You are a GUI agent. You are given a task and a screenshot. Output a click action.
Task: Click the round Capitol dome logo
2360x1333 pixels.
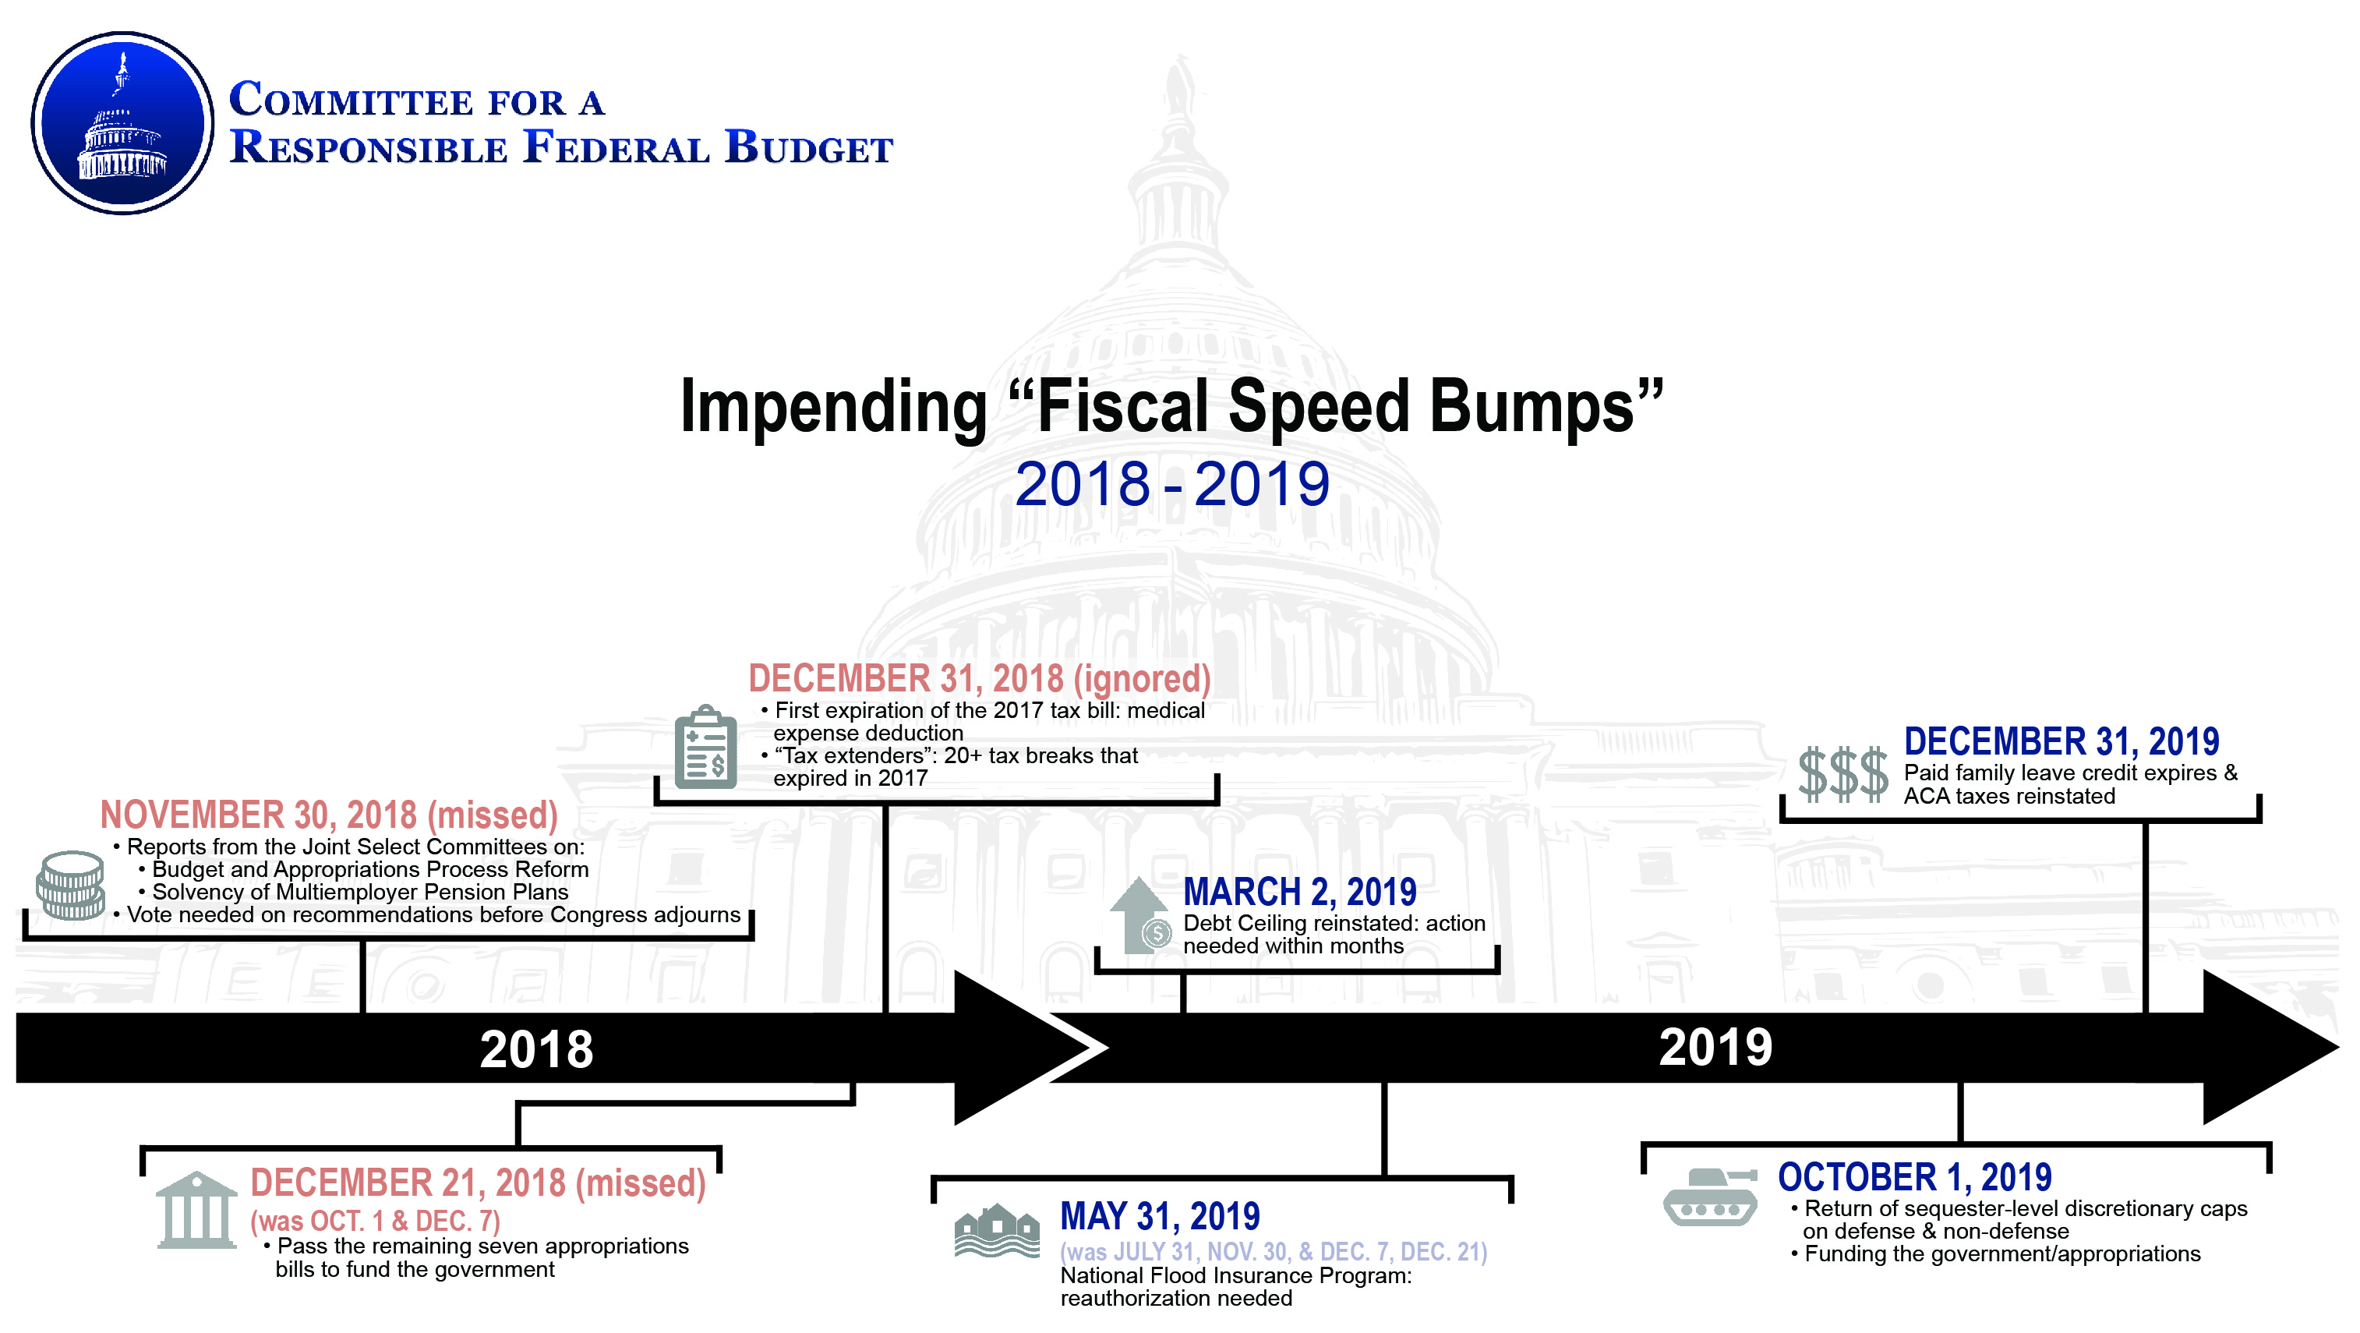click(123, 124)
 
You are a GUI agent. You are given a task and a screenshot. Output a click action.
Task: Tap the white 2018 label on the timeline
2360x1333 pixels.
click(537, 1049)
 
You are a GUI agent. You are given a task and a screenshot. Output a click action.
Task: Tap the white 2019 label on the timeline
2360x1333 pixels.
click(1716, 1047)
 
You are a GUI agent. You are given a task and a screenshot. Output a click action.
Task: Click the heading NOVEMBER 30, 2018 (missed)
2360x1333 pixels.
click(329, 815)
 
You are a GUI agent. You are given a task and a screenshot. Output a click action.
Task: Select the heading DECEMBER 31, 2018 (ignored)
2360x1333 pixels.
click(980, 679)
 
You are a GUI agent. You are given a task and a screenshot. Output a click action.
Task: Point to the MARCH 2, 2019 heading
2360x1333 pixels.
click(1299, 892)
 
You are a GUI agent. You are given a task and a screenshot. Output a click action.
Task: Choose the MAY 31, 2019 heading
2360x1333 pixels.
click(1160, 1217)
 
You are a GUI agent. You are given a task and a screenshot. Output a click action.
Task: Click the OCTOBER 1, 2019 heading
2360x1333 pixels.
click(1915, 1177)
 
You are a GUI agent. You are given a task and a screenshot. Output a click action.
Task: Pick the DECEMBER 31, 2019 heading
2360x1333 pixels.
click(2061, 741)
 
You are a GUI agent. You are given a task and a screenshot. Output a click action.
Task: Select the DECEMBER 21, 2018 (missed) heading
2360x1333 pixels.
click(479, 1183)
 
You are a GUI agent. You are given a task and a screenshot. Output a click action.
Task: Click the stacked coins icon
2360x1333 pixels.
click(71, 885)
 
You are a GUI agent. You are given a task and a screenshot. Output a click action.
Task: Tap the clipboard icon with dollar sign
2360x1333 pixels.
click(705, 747)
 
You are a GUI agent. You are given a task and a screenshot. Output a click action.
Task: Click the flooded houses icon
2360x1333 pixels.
click(997, 1230)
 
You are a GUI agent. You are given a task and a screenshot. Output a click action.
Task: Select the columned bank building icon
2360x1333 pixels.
click(196, 1209)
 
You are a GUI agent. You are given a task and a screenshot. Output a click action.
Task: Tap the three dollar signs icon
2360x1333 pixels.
click(1842, 773)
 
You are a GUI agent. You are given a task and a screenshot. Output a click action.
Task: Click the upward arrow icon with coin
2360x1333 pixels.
click(1139, 915)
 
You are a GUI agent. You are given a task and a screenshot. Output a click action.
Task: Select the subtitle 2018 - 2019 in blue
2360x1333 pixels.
click(1171, 484)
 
